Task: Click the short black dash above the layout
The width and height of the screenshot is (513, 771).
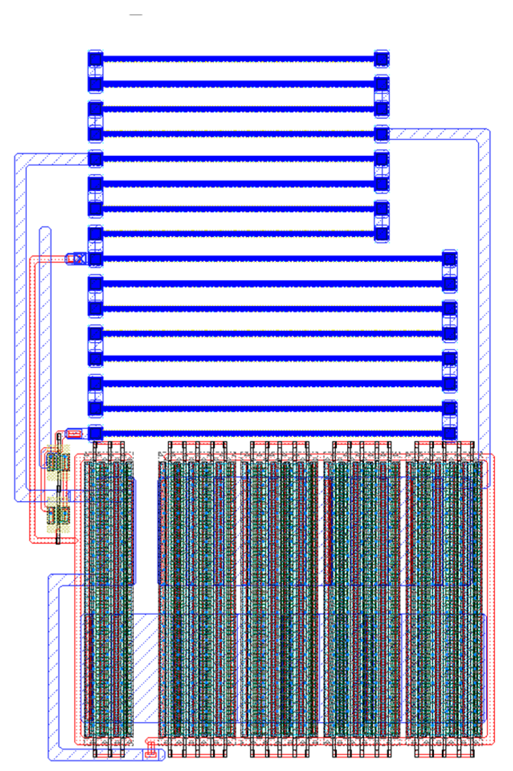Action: point(136,15)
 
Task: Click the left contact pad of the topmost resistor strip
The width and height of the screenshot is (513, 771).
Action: point(96,59)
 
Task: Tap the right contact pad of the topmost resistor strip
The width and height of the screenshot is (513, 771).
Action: point(381,59)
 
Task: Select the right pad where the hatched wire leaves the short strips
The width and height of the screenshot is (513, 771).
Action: point(381,134)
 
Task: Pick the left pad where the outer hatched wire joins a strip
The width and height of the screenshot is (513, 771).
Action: point(96,159)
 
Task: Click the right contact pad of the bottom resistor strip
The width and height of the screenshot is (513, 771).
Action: point(450,433)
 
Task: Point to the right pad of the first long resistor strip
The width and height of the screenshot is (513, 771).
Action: point(450,259)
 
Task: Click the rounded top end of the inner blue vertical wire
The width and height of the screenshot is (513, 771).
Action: point(45,230)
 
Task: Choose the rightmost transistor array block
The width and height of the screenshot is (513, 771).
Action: point(445,598)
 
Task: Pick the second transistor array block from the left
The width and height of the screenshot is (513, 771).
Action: point(197,598)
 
